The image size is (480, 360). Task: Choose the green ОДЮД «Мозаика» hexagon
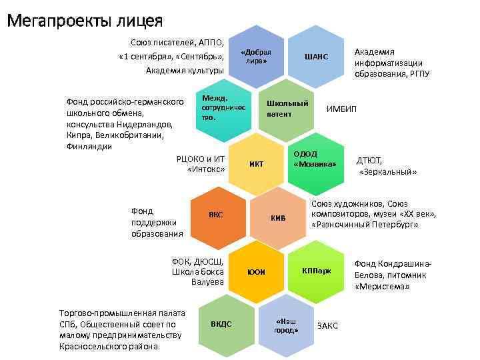(314, 159)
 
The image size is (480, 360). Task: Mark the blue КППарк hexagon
(315, 270)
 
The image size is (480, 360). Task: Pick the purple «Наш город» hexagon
(286, 325)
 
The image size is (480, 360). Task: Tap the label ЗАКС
(327, 325)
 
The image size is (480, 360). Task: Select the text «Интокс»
(207, 169)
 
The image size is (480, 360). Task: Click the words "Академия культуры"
(185, 70)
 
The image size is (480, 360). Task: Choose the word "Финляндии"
(89, 147)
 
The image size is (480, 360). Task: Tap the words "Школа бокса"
(198, 271)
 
